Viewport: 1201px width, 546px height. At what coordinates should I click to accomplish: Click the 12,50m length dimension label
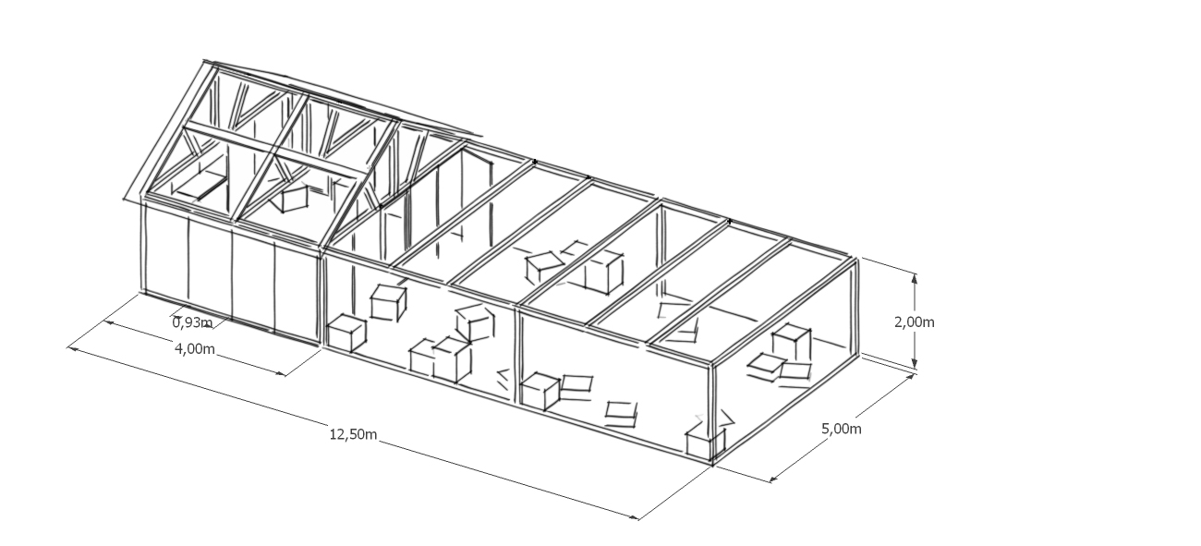pyautogui.click(x=353, y=434)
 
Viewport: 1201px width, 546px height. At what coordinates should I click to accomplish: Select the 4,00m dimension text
pyautogui.click(x=195, y=348)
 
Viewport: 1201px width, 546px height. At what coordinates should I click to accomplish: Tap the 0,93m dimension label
pyautogui.click(x=192, y=322)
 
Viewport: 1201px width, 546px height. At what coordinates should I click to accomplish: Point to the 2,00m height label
pyautogui.click(x=914, y=322)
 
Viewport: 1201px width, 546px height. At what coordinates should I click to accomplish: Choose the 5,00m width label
pyautogui.click(x=842, y=429)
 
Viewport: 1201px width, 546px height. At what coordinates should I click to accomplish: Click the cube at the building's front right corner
pyautogui.click(x=700, y=443)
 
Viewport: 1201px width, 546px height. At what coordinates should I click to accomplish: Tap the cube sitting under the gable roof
pyautogui.click(x=295, y=198)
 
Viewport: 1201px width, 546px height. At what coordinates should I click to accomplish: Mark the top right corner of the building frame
pyautogui.click(x=855, y=260)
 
